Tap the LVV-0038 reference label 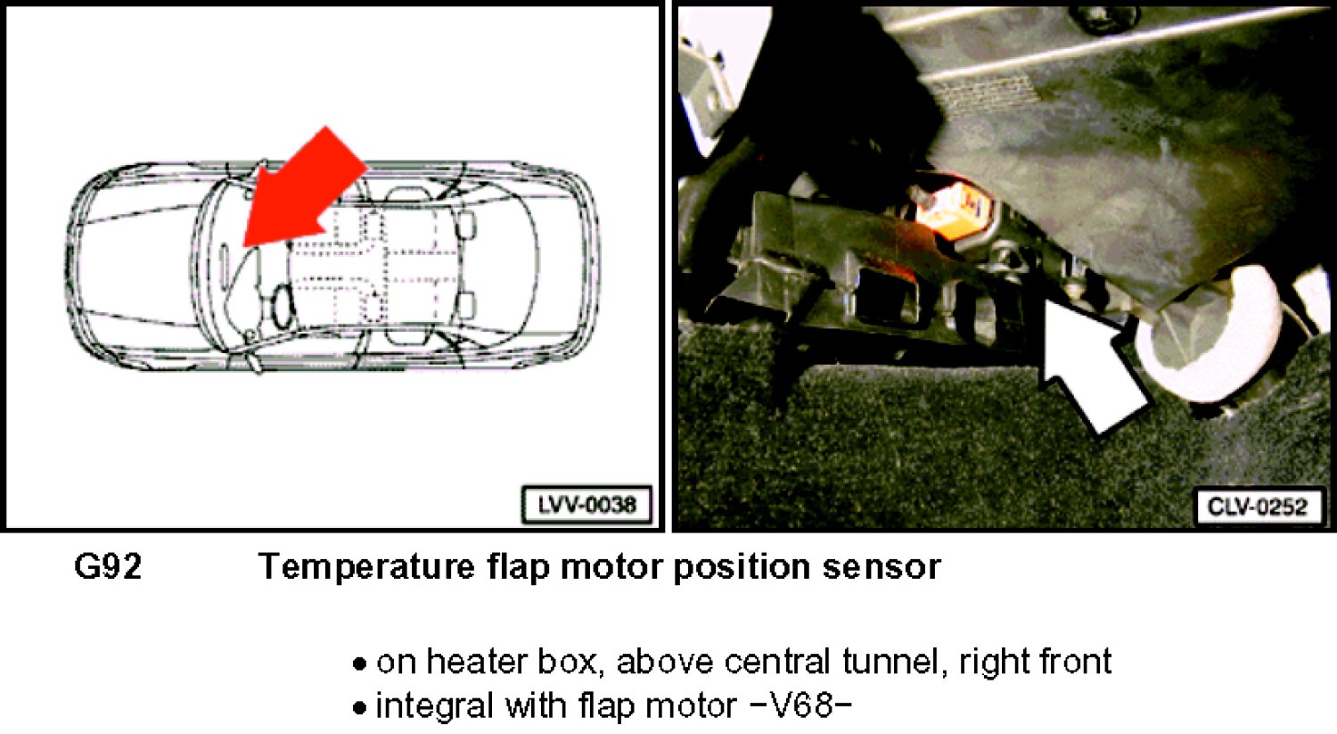click(586, 505)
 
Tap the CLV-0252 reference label click(1257, 507)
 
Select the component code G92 click(108, 566)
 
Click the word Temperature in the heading click(366, 566)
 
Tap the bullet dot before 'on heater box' click(359, 664)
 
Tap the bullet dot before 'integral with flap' click(359, 708)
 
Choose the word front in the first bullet click(1071, 662)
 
